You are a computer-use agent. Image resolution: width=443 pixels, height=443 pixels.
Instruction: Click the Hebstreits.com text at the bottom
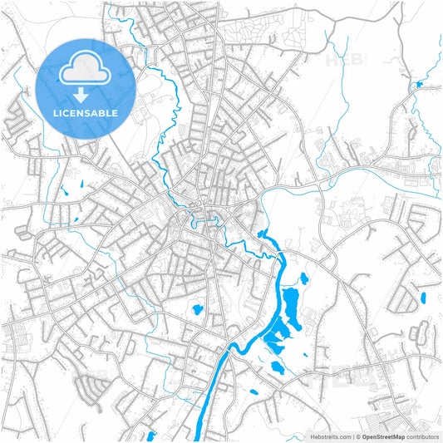click(x=331, y=436)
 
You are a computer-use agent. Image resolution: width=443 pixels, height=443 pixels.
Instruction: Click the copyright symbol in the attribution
click(x=358, y=436)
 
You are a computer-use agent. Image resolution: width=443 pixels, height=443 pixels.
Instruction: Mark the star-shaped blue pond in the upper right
click(x=417, y=85)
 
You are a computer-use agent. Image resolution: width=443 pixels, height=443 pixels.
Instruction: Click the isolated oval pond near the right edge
click(x=423, y=297)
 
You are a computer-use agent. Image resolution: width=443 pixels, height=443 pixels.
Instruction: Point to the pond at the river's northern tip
click(x=263, y=234)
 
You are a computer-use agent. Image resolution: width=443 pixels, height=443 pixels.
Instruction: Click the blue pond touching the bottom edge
click(x=150, y=435)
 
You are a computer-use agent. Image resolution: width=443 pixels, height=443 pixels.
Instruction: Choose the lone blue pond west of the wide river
click(x=198, y=310)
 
